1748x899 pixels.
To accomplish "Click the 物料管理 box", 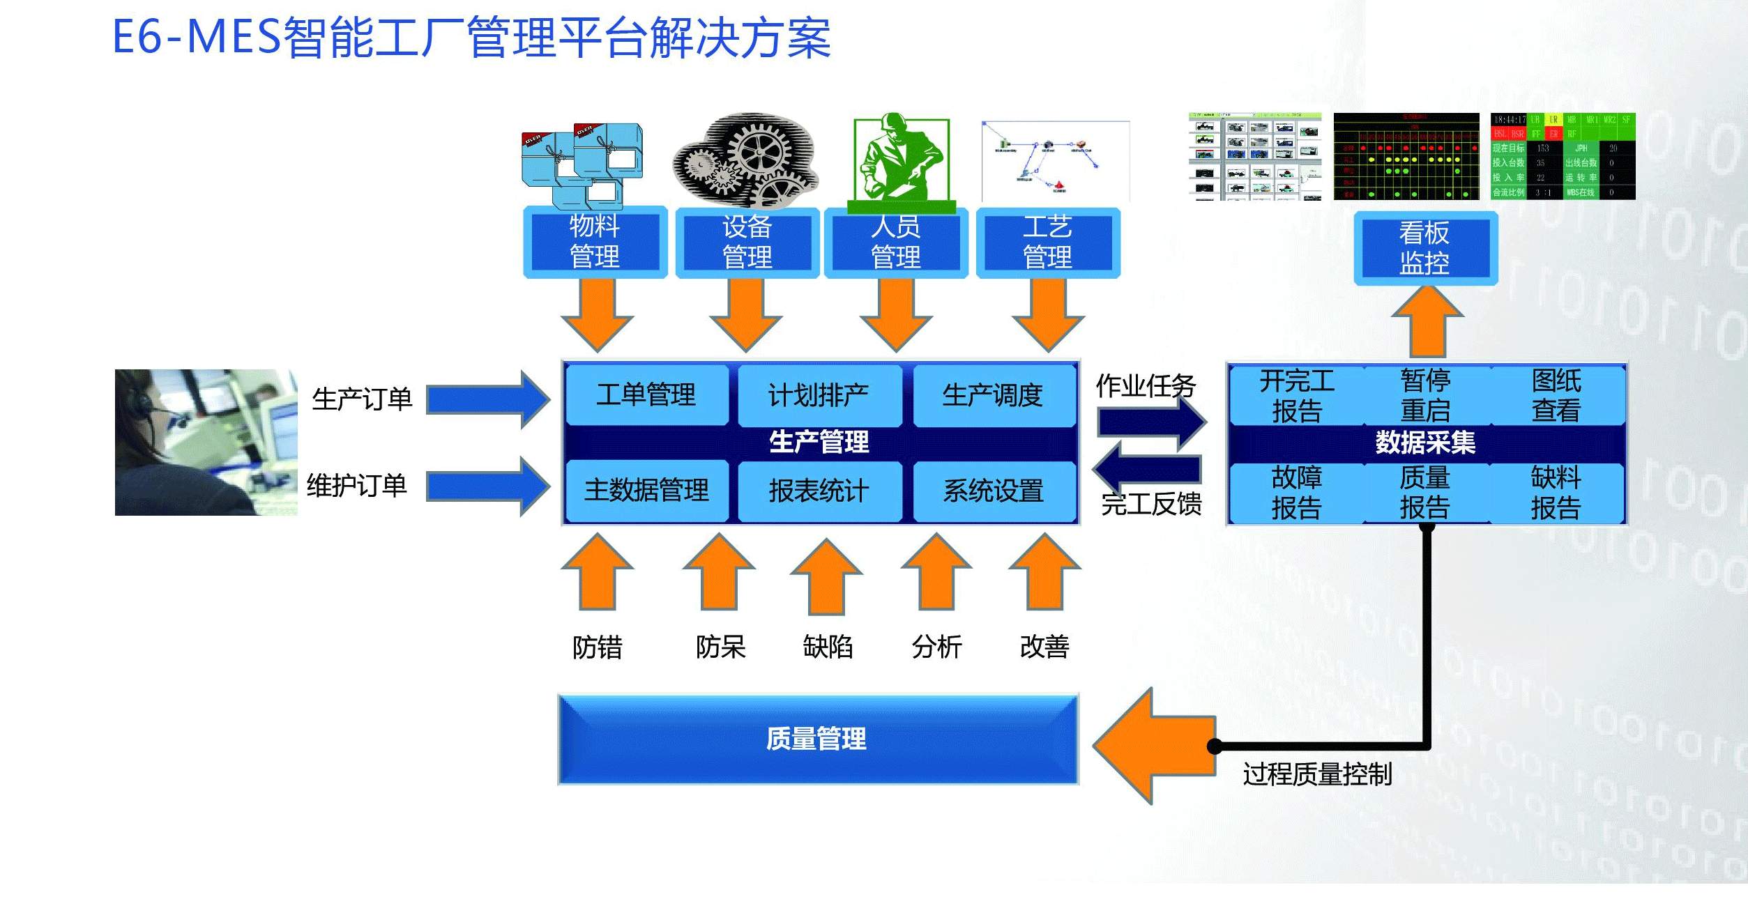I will coord(595,242).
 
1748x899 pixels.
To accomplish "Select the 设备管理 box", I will coord(747,242).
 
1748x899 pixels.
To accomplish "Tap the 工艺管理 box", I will coord(1047,242).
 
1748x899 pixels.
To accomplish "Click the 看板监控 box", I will coord(1424,248).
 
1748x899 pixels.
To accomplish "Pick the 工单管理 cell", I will coord(646,395).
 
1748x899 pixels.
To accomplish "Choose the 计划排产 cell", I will coord(819,395).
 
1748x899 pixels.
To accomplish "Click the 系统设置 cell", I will coord(994,491).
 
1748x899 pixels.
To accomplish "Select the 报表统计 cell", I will coord(819,491).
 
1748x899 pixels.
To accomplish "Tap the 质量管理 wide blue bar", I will coord(817,739).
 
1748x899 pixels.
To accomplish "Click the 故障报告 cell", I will coord(1296,493).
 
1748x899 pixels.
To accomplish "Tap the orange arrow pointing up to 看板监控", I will coord(1427,322).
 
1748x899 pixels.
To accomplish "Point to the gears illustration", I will coord(745,160).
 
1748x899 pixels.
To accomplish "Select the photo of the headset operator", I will coord(206,443).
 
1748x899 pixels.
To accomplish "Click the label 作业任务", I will coord(1146,385).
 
